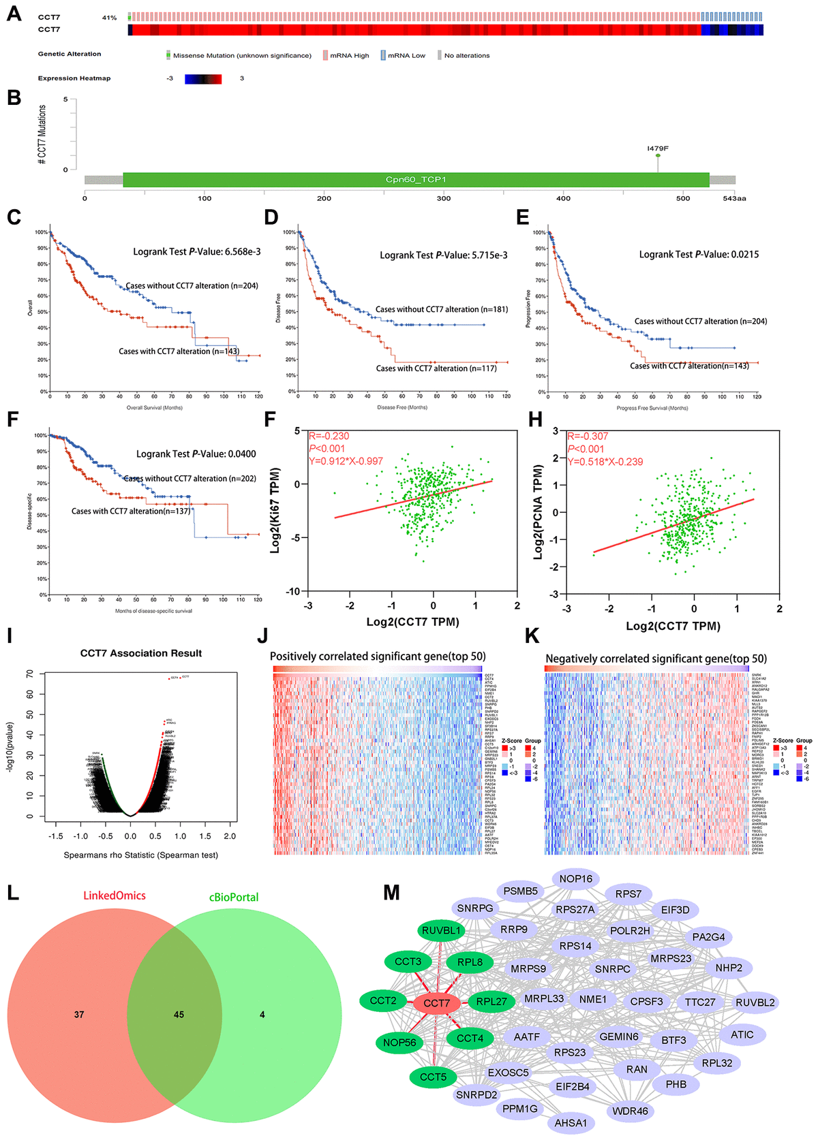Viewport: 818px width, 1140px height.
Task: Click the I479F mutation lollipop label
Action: click(658, 148)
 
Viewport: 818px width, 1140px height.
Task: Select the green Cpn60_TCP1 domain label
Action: click(416, 180)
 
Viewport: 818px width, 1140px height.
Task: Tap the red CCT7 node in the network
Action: click(436, 1003)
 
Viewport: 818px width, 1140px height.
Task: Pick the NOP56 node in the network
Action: click(399, 1043)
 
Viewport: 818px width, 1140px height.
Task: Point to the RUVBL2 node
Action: click(755, 1002)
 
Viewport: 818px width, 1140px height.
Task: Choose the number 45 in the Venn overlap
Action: click(179, 1015)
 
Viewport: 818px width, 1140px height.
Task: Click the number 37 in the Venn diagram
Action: click(79, 1015)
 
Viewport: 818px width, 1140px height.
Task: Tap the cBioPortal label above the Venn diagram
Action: click(234, 898)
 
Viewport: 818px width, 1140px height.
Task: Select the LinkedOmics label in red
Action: click(115, 896)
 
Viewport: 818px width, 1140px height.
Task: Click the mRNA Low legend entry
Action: click(406, 56)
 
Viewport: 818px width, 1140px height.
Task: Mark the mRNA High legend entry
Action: click(349, 56)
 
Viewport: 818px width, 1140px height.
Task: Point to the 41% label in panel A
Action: click(109, 18)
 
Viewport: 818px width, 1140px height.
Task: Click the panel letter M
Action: click(391, 893)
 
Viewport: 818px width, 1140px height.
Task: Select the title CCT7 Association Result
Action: click(141, 653)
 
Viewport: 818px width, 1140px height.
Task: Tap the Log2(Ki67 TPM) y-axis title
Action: click(275, 510)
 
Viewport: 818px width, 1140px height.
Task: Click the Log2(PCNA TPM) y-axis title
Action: click(538, 511)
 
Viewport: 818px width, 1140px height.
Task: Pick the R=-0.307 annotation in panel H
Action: click(588, 436)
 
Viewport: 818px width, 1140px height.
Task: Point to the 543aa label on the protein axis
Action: click(734, 198)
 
